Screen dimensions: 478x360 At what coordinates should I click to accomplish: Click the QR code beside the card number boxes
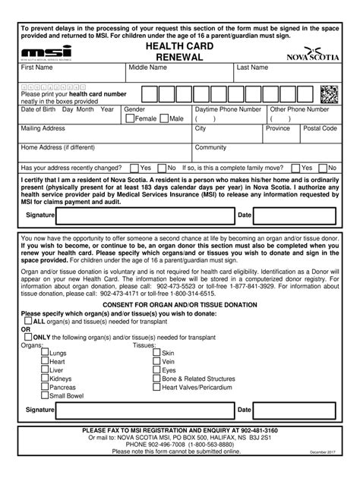point(328,94)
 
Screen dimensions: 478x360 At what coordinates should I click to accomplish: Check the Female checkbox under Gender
point(129,119)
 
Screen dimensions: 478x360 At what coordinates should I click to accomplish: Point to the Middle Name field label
point(148,68)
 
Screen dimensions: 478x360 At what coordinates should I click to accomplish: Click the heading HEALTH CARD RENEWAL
point(179,52)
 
